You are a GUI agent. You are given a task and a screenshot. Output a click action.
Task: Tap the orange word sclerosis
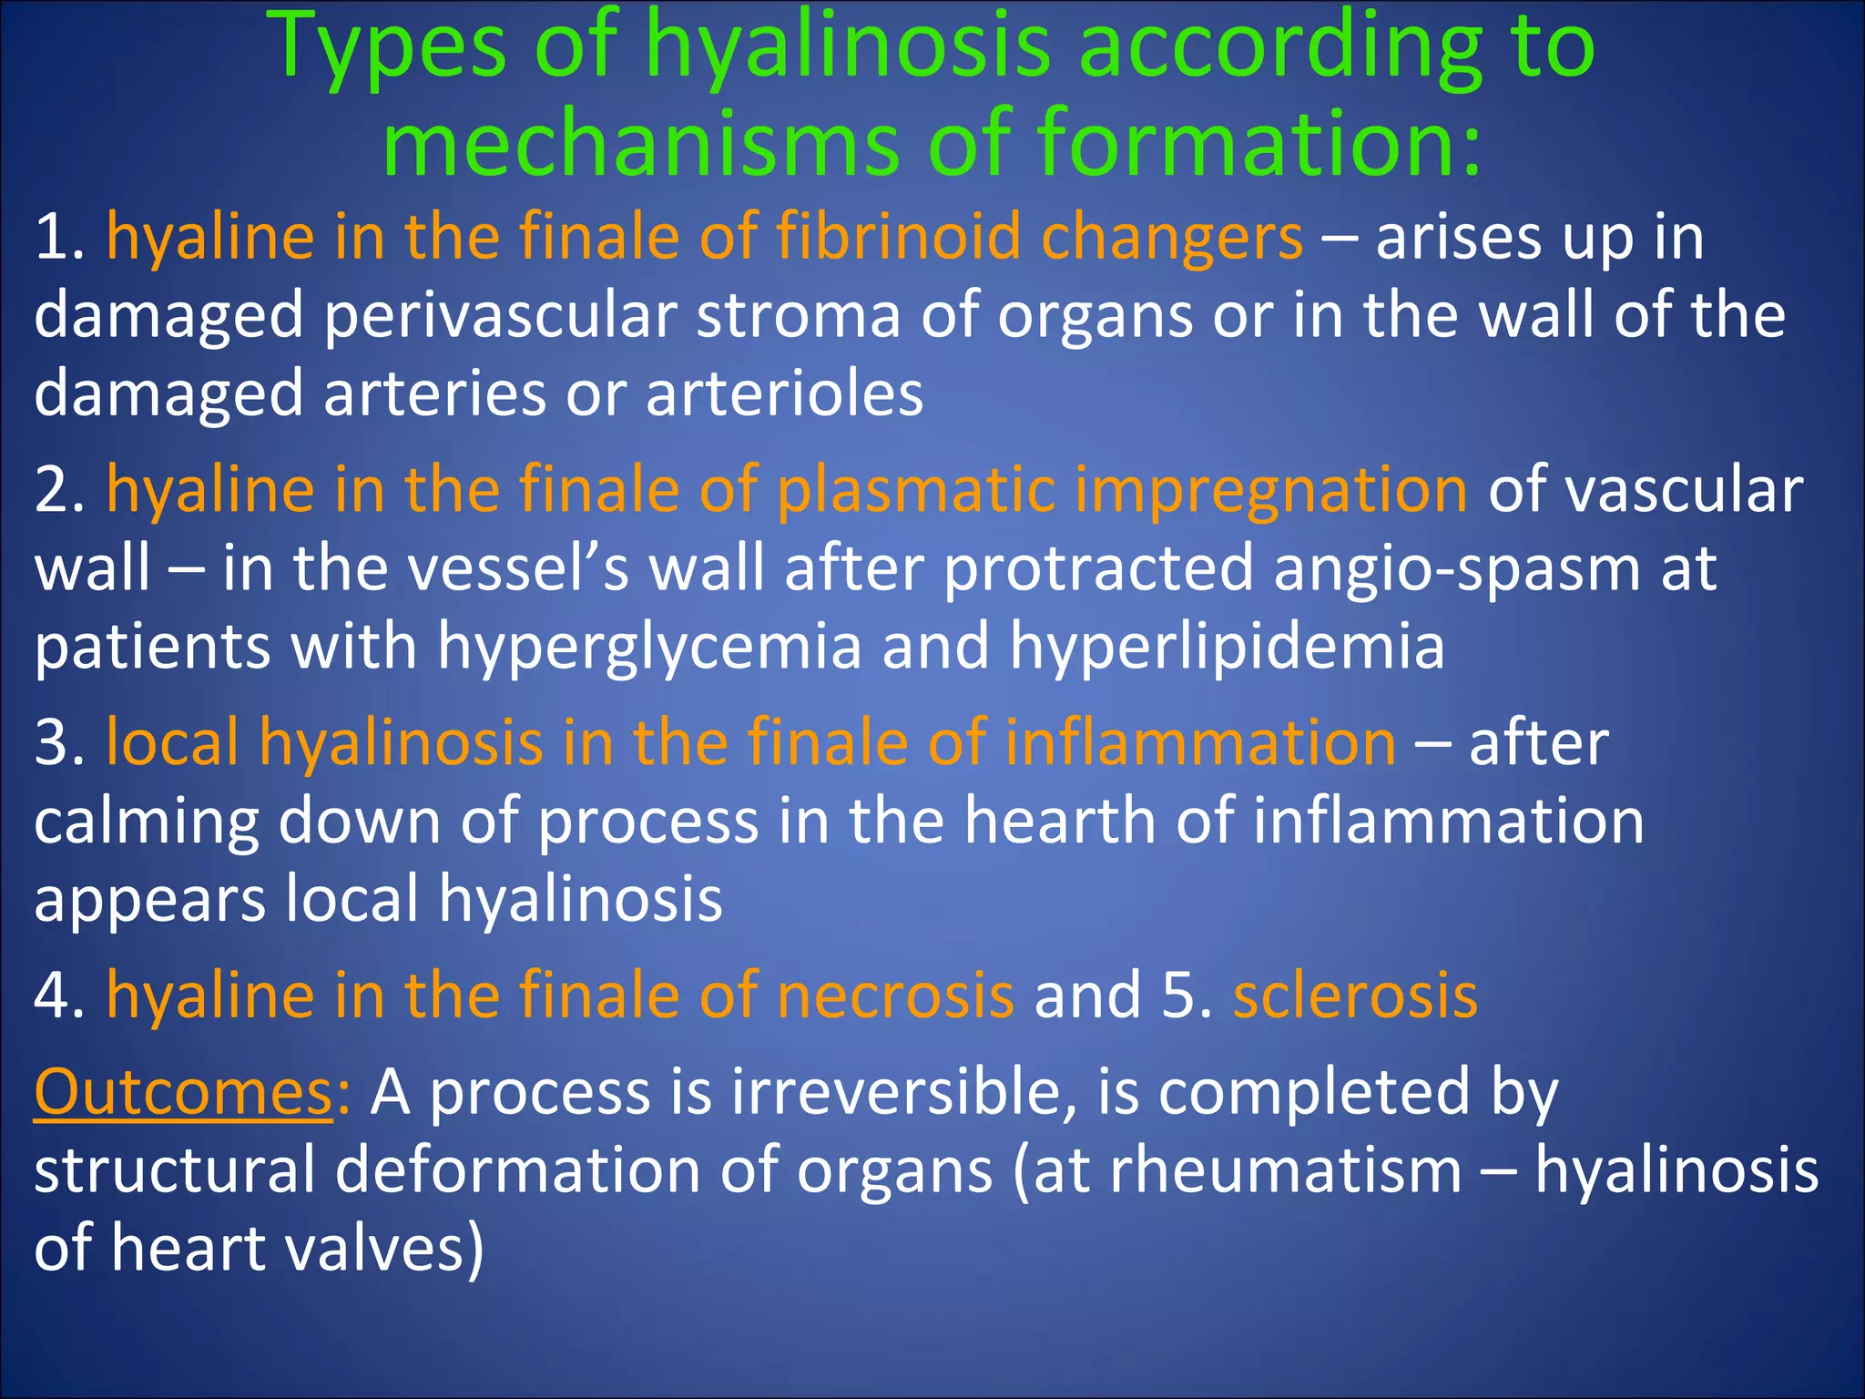(x=1355, y=995)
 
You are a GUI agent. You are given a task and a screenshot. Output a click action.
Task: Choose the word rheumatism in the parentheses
(x=1285, y=1170)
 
